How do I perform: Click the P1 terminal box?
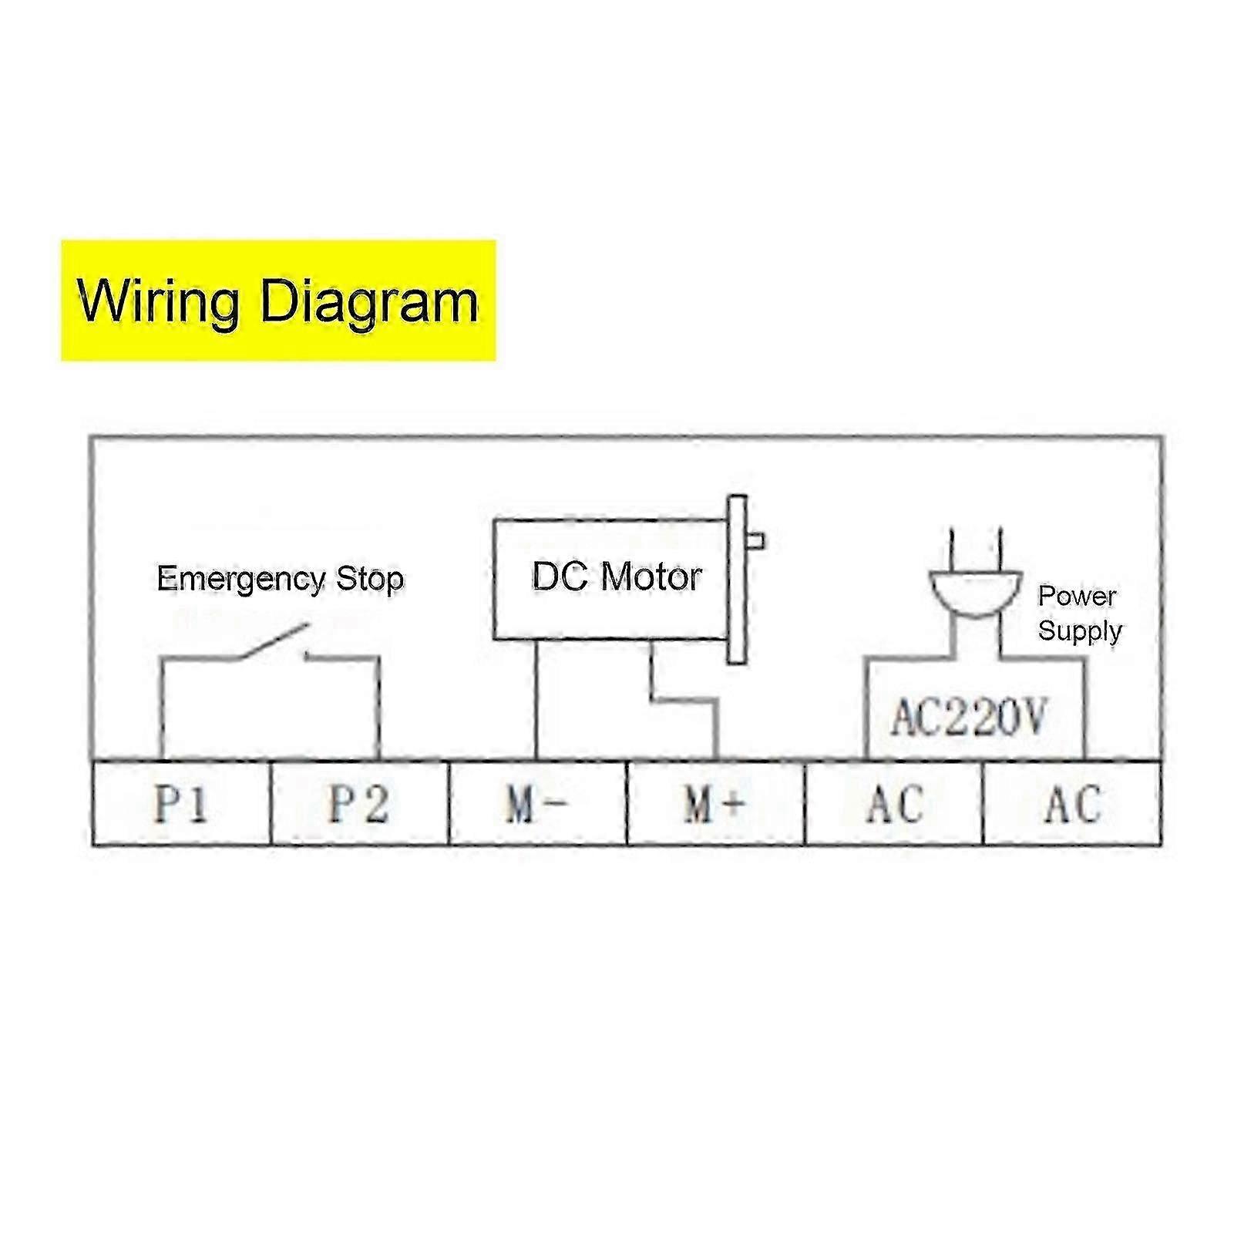(181, 803)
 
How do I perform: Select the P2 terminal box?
(359, 803)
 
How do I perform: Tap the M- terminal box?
(538, 803)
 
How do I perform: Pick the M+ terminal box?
(716, 803)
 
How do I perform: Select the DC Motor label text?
(617, 577)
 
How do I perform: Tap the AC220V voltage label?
(968, 718)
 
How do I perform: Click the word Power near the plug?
(1077, 596)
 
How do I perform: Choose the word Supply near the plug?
(1079, 631)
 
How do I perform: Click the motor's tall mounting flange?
(737, 580)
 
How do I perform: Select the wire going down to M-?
(536, 700)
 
